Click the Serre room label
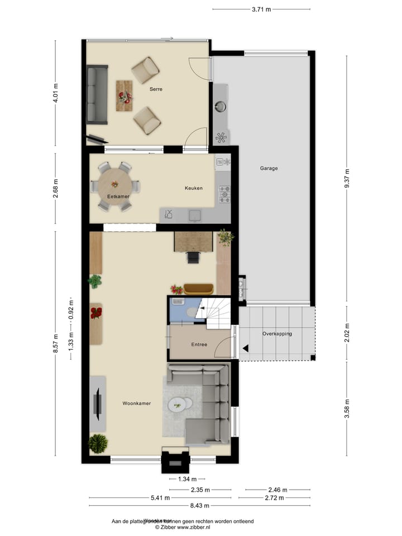156,89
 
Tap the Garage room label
269,168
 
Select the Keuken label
193,188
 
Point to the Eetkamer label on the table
118,196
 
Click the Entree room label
199,344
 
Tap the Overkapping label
277,333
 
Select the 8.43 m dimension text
199,506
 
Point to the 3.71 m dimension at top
261,9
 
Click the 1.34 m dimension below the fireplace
187,479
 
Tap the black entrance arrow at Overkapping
245,348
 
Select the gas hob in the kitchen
224,194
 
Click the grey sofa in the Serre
97,94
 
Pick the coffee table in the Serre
125,95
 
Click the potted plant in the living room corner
98,444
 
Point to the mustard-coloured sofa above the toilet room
199,288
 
